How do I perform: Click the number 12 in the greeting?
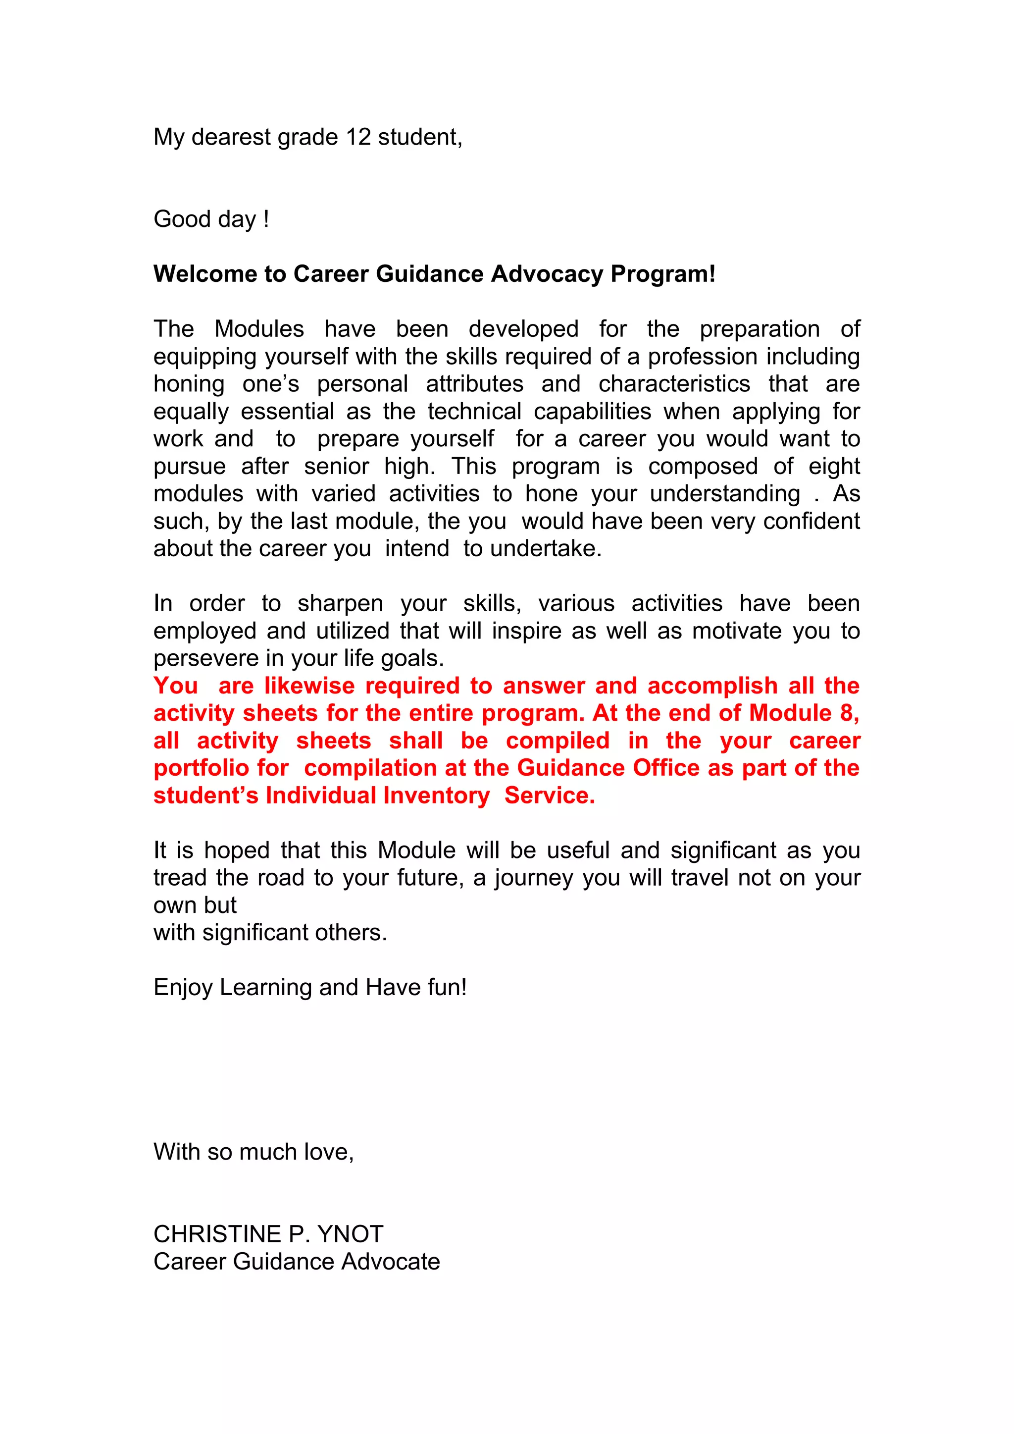tap(358, 137)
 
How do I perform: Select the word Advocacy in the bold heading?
tap(547, 273)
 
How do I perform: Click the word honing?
tap(189, 384)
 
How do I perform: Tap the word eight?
tap(834, 467)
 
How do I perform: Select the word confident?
tap(811, 521)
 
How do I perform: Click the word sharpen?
tap(340, 604)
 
